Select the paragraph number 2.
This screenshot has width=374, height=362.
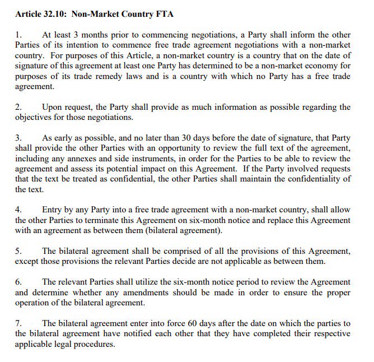pos(18,107)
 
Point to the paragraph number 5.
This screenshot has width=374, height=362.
pos(18,252)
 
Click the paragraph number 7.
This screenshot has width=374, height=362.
pos(18,324)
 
